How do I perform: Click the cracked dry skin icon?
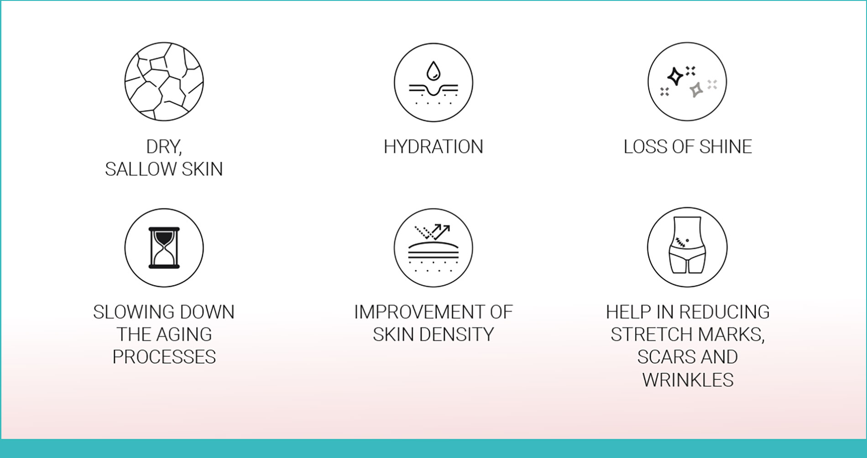[x=164, y=82]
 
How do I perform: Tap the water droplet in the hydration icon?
[x=433, y=72]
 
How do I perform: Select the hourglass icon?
[x=164, y=248]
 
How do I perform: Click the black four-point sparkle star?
[x=675, y=76]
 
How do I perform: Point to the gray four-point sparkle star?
[x=696, y=90]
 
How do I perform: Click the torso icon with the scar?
[x=687, y=245]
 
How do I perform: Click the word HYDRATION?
[x=433, y=147]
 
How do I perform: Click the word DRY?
[x=164, y=147]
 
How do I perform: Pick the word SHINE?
[x=726, y=147]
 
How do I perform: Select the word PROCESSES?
[x=164, y=357]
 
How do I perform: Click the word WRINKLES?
[x=688, y=380]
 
